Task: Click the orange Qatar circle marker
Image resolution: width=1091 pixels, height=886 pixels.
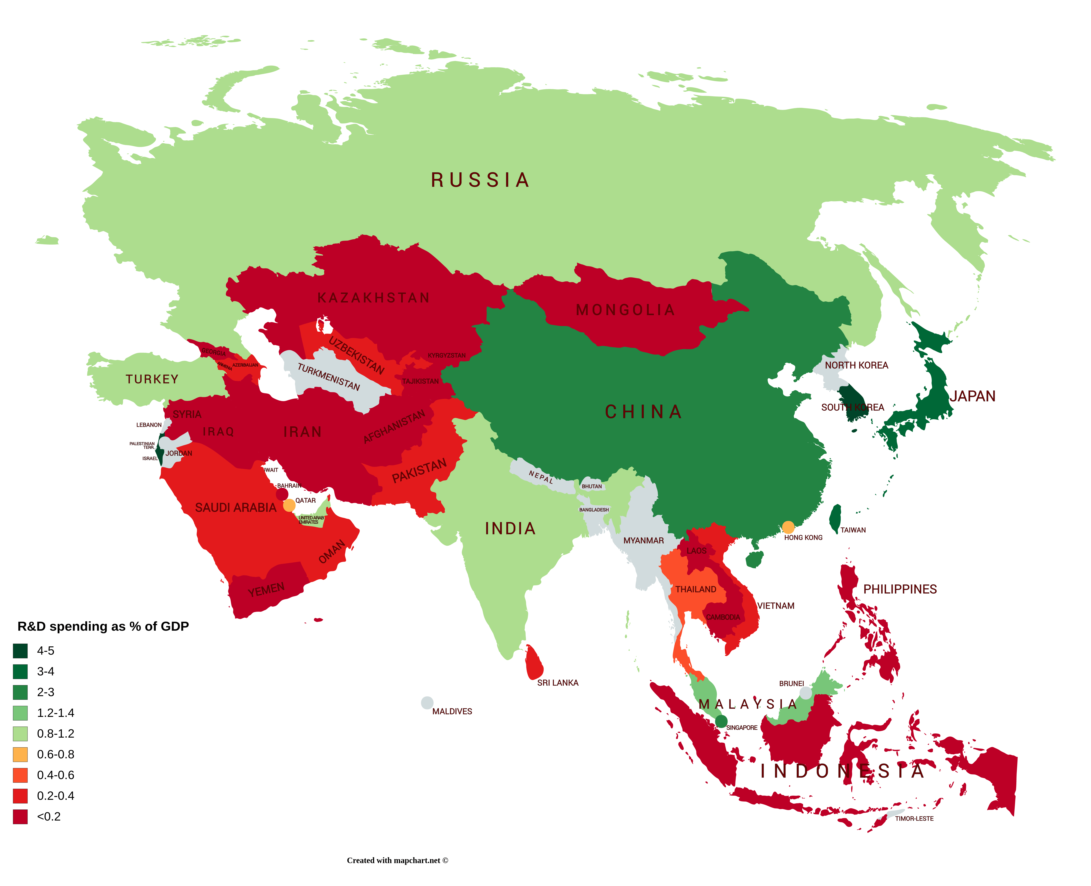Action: [x=289, y=505]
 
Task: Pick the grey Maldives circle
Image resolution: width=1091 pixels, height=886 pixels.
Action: [x=427, y=703]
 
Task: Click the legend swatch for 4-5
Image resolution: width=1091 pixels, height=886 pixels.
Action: [x=21, y=651]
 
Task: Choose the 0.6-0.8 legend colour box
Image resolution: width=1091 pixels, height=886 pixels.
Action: [x=21, y=754]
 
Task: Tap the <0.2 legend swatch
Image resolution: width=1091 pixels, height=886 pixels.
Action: [x=21, y=817]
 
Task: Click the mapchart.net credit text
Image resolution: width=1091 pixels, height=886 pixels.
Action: [x=397, y=860]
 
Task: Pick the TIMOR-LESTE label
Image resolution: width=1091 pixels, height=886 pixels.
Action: [x=914, y=819]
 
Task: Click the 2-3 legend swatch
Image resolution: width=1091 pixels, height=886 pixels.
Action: [x=21, y=692]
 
